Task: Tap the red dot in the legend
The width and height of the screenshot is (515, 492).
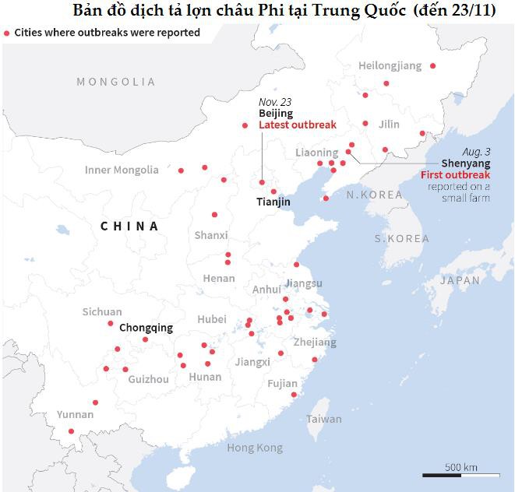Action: click(x=7, y=33)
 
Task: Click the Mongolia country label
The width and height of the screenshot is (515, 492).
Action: click(x=116, y=82)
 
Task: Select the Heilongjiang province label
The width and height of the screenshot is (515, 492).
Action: click(x=390, y=66)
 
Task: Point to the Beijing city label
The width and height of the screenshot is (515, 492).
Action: click(x=276, y=114)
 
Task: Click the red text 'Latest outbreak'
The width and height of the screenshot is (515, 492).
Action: click(x=298, y=125)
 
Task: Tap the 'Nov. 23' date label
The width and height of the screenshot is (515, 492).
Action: click(x=274, y=102)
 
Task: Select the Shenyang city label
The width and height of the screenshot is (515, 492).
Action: click(x=465, y=163)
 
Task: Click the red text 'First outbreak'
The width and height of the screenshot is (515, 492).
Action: click(x=456, y=175)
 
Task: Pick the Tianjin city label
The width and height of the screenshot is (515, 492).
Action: click(x=273, y=202)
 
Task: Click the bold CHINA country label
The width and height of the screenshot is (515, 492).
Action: click(x=129, y=227)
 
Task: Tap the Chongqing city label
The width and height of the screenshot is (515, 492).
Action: click(x=146, y=328)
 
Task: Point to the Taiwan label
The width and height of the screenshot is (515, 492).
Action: click(x=323, y=419)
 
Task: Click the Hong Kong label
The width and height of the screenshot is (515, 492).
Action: click(x=255, y=448)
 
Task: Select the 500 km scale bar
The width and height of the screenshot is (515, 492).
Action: click(x=461, y=474)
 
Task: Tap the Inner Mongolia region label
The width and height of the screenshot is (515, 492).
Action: click(x=122, y=170)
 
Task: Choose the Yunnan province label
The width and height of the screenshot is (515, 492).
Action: click(x=75, y=414)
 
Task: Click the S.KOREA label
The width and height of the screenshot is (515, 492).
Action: click(x=401, y=238)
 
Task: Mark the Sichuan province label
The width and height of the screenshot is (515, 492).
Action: click(x=102, y=312)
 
